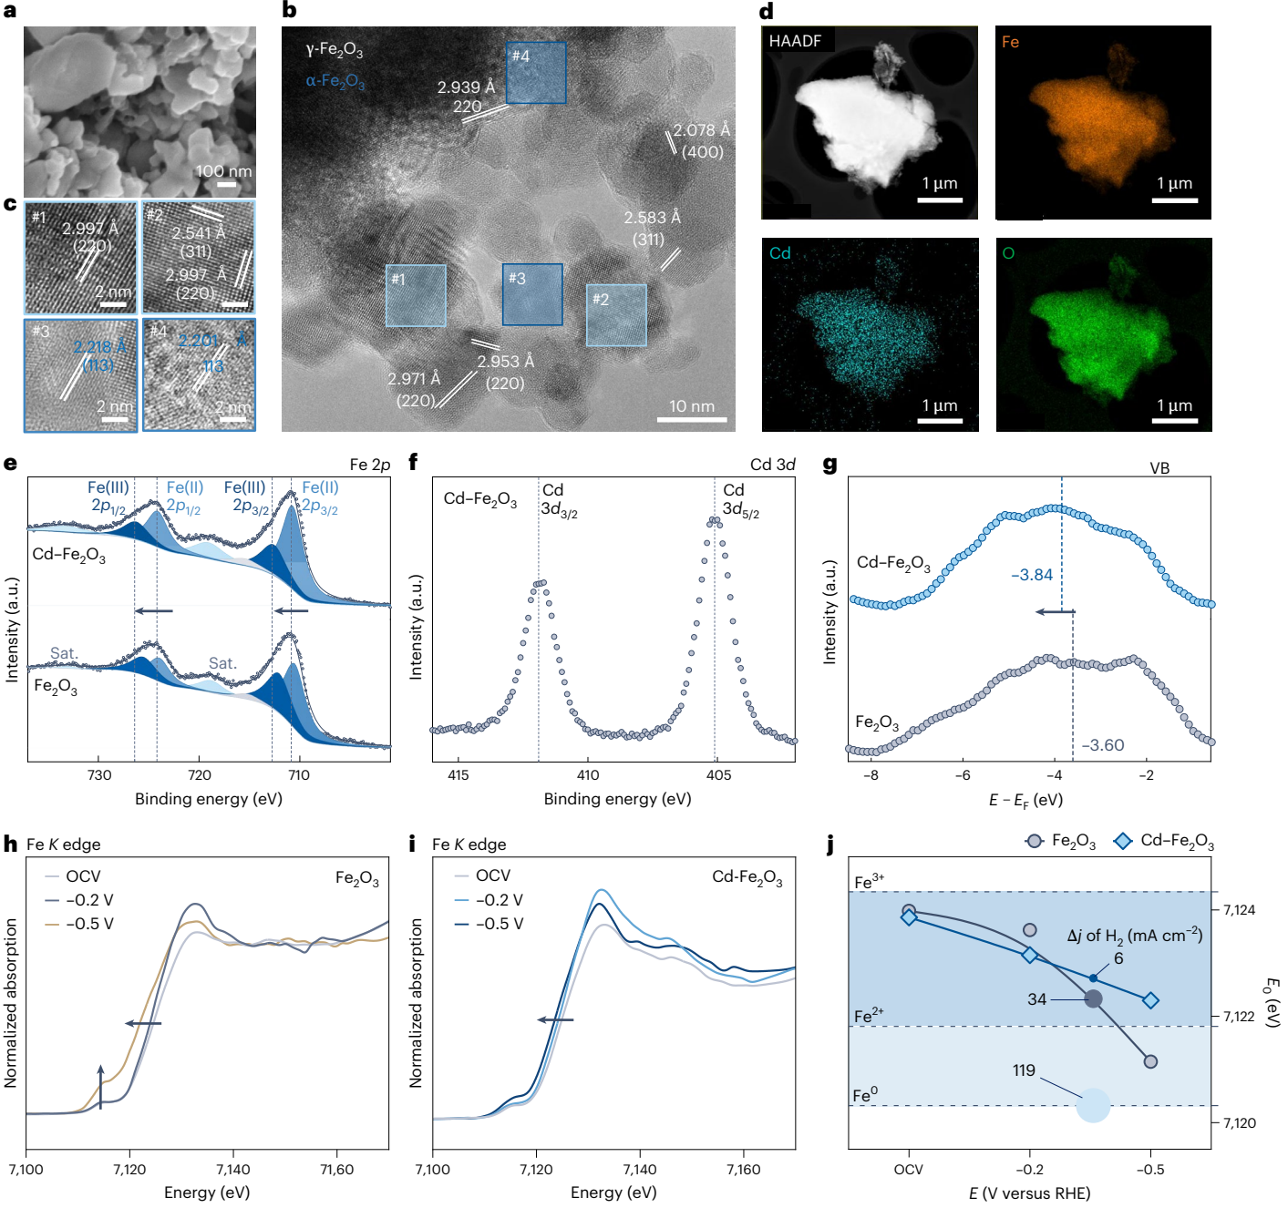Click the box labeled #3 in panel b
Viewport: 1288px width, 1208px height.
[532, 294]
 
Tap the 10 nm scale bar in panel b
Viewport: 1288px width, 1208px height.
[692, 419]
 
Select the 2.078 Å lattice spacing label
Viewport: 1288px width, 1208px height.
[701, 130]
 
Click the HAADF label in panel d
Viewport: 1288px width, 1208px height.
[795, 41]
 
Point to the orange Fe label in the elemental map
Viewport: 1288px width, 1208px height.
[1010, 42]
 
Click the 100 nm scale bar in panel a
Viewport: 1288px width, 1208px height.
[226, 184]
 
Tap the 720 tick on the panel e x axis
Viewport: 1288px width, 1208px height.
[199, 775]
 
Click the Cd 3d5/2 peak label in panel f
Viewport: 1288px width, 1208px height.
[739, 500]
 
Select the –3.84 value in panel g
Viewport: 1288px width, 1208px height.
[1032, 575]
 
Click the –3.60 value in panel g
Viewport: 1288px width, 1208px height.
[1102, 745]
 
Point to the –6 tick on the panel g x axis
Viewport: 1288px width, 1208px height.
[963, 775]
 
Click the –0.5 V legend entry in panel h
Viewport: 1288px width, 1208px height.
[79, 924]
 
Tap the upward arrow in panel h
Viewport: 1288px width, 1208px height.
[100, 1085]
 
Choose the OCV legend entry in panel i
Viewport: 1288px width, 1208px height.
[482, 875]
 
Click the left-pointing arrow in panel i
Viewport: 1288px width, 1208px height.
[555, 1019]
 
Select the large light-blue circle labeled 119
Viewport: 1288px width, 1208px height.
[1093, 1105]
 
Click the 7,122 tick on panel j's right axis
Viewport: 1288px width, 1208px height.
[1239, 1017]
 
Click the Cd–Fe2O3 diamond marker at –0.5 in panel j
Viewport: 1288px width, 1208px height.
[1150, 1000]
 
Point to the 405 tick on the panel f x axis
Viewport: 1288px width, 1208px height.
[718, 775]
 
